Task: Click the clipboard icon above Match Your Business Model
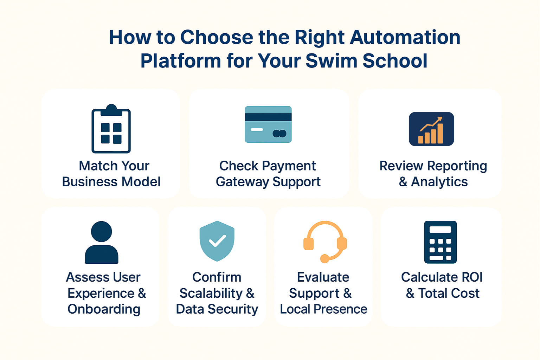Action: tap(111, 129)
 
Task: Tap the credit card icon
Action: tap(268, 124)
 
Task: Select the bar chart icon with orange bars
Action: tap(431, 129)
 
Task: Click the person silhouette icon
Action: tap(102, 242)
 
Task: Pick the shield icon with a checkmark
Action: tap(217, 241)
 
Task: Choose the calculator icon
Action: tap(441, 242)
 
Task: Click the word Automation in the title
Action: tap(405, 37)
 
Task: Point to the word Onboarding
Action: tap(104, 309)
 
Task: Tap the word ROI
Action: tap(472, 277)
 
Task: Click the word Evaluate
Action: tap(323, 277)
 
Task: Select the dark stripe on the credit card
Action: tap(268, 117)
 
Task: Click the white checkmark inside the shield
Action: tap(218, 240)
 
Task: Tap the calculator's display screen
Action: tap(440, 230)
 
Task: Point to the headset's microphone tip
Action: tap(324, 259)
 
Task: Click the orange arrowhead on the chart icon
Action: tap(440, 119)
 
